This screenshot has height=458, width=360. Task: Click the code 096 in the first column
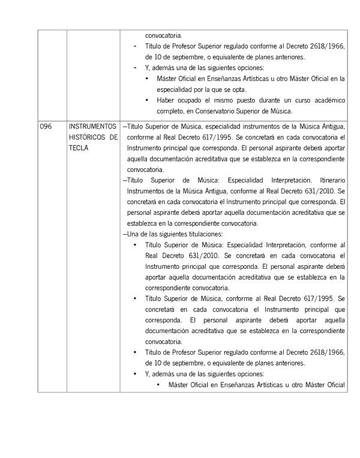pyautogui.click(x=46, y=127)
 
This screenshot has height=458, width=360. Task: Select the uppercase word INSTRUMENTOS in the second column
pyautogui.click(x=92, y=127)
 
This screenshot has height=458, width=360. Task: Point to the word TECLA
pyautogui.click(x=78, y=148)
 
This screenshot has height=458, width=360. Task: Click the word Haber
pyautogui.click(x=166, y=100)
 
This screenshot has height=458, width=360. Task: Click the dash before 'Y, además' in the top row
pyautogui.click(x=135, y=68)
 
